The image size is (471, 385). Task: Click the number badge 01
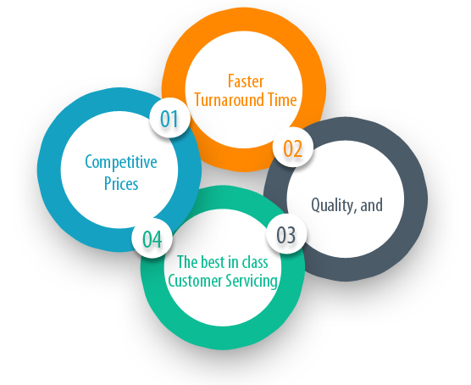tap(169, 118)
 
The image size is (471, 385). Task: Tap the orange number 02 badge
tap(293, 148)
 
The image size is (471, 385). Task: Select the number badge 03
tap(286, 234)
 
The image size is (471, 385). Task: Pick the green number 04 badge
tap(152, 238)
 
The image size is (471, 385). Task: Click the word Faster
tap(246, 81)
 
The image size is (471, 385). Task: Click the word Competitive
tap(121, 161)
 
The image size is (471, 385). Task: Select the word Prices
tap(121, 183)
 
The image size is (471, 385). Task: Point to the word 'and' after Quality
tap(372, 205)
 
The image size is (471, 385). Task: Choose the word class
tap(255, 261)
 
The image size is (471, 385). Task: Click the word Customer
tap(195, 281)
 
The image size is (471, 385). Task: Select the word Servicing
tap(252, 282)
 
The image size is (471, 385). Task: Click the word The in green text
tap(187, 261)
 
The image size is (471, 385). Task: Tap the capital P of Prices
tap(108, 183)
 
